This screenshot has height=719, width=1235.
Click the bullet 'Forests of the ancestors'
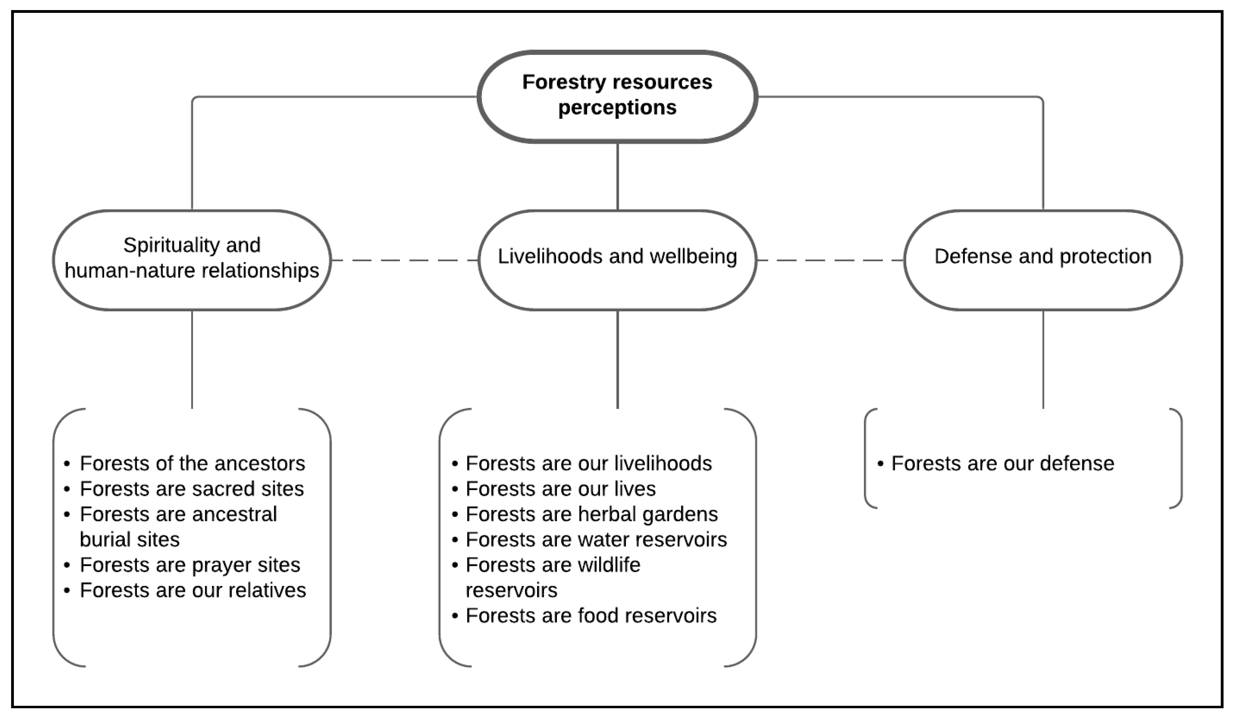point(192,464)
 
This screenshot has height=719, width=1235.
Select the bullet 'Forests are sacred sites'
point(192,489)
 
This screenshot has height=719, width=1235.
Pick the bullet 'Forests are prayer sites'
point(190,565)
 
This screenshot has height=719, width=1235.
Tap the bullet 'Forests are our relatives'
point(193,590)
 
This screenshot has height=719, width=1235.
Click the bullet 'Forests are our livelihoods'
point(588,464)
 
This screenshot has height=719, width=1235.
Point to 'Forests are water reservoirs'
point(596,540)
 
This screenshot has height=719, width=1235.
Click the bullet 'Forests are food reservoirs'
point(591,616)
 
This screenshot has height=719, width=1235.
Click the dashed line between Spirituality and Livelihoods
point(404,260)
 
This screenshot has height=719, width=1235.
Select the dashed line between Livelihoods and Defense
point(830,260)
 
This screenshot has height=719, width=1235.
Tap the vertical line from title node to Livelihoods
point(617,176)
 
